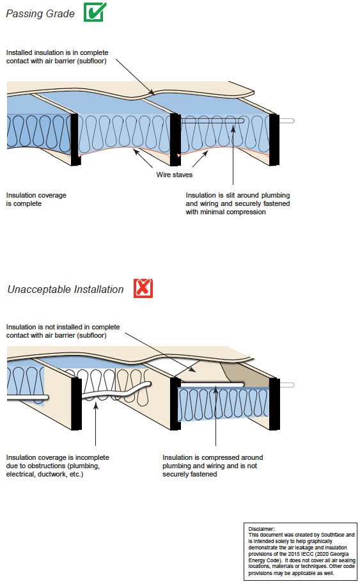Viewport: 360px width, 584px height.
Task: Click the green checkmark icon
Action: pos(95,12)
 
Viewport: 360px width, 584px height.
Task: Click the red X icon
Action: pos(143,288)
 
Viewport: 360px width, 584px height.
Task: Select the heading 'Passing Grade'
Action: pos(40,13)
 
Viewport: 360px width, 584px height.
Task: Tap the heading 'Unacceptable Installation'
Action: pos(65,289)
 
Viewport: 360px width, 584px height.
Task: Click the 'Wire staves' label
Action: pos(174,174)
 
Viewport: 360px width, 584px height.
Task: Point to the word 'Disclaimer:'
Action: pos(261,529)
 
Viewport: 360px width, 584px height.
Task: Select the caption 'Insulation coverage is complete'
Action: pos(36,199)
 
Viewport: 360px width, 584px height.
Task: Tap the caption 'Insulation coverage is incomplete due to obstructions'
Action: pos(58,466)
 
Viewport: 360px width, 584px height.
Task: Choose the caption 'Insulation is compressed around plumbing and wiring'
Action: pos(212,466)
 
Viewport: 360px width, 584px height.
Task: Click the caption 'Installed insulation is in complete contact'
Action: pos(56,56)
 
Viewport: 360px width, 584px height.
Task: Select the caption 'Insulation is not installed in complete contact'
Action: pos(63,331)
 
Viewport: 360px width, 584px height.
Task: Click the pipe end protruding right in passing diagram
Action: pos(288,120)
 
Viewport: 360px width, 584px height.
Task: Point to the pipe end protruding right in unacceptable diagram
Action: pos(288,384)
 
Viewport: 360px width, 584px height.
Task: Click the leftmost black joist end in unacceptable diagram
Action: pos(75,403)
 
